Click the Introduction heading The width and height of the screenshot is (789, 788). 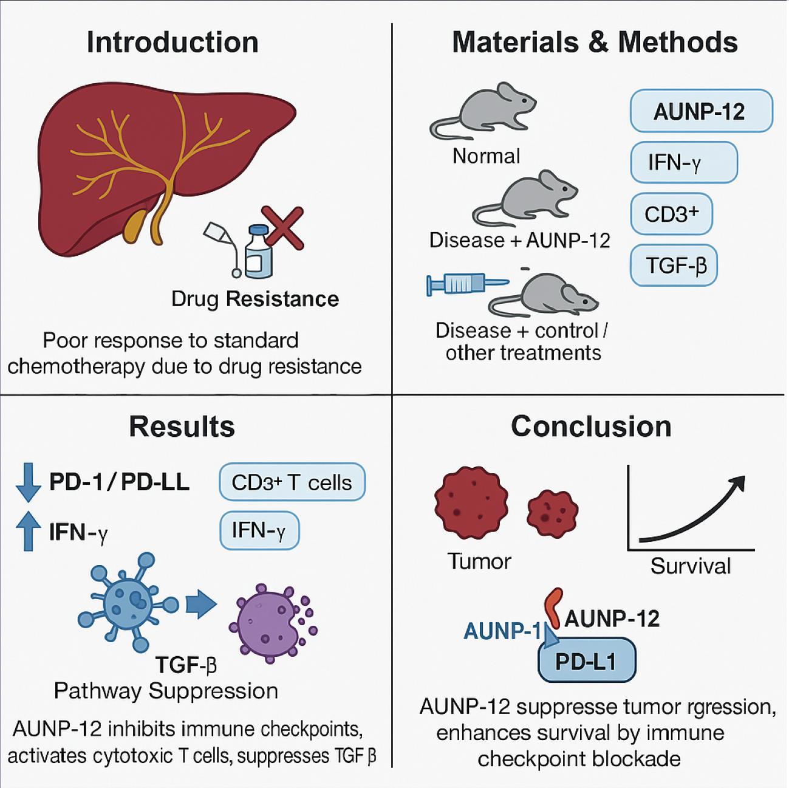[172, 43]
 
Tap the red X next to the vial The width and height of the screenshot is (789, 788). [282, 228]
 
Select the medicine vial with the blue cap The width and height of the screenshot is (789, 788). [258, 252]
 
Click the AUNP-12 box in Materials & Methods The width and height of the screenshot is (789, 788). [701, 111]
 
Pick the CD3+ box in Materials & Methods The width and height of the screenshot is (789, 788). [671, 214]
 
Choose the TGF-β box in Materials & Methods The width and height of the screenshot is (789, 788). [674, 266]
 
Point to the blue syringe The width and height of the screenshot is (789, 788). [465, 283]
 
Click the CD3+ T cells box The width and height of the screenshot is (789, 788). [292, 482]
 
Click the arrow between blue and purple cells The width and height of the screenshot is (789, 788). [201, 605]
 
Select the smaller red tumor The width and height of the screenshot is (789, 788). [552, 509]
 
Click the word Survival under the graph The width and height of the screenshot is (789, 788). [691, 566]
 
